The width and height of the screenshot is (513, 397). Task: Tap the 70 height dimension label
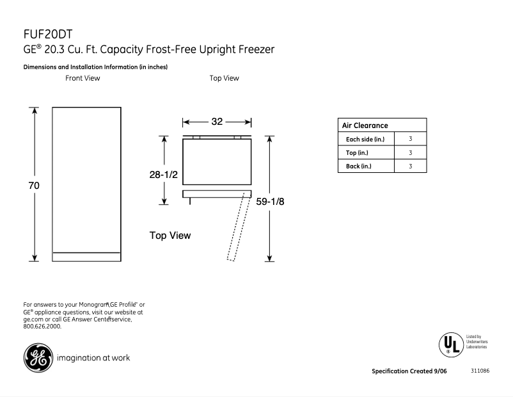click(33, 186)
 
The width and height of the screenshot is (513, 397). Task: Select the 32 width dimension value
click(216, 122)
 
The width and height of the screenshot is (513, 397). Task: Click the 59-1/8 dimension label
click(271, 201)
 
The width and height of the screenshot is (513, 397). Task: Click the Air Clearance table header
click(365, 126)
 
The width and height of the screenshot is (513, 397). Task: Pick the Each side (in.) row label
click(365, 139)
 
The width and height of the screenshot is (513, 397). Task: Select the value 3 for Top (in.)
click(410, 153)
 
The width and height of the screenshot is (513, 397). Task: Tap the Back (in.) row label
click(358, 166)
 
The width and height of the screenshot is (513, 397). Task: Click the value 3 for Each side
click(410, 139)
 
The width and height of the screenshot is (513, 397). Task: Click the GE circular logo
click(38, 357)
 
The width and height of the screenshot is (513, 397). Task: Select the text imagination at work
click(93, 357)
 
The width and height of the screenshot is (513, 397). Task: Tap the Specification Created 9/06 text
click(410, 371)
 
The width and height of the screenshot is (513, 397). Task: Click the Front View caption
click(83, 78)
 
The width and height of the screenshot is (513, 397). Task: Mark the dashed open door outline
click(236, 229)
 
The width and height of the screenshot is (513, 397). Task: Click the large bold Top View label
click(170, 236)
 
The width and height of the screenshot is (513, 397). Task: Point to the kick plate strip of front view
click(86, 257)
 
